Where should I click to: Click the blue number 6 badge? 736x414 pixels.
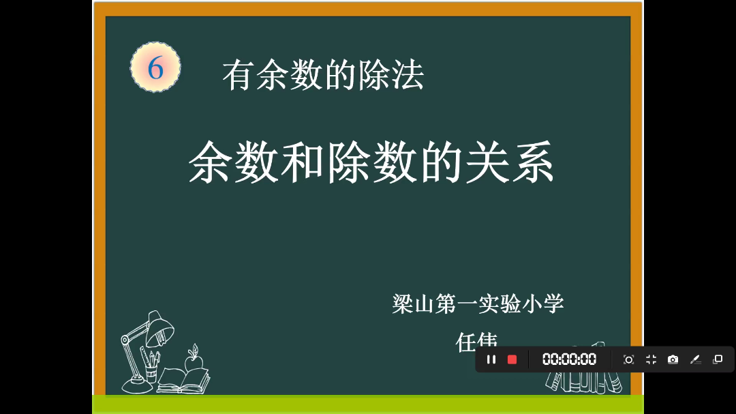pyautogui.click(x=155, y=68)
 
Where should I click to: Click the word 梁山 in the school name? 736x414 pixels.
pyautogui.click(x=413, y=304)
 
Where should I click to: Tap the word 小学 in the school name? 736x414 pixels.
pyautogui.click(x=542, y=304)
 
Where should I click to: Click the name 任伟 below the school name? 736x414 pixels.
pyautogui.click(x=476, y=340)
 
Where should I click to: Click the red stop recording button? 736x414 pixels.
pyautogui.click(x=512, y=359)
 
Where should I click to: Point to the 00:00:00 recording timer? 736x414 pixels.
pyautogui.click(x=569, y=359)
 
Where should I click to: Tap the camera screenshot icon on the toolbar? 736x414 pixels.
pyautogui.click(x=673, y=359)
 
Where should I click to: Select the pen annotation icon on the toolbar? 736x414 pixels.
pyautogui.click(x=695, y=359)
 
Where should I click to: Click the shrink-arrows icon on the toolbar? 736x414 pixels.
pyautogui.click(x=651, y=359)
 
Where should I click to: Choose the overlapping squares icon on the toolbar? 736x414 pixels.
pyautogui.click(x=718, y=359)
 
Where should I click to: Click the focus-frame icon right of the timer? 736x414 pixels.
pyautogui.click(x=628, y=359)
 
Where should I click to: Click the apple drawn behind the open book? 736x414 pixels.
pyautogui.click(x=193, y=359)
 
